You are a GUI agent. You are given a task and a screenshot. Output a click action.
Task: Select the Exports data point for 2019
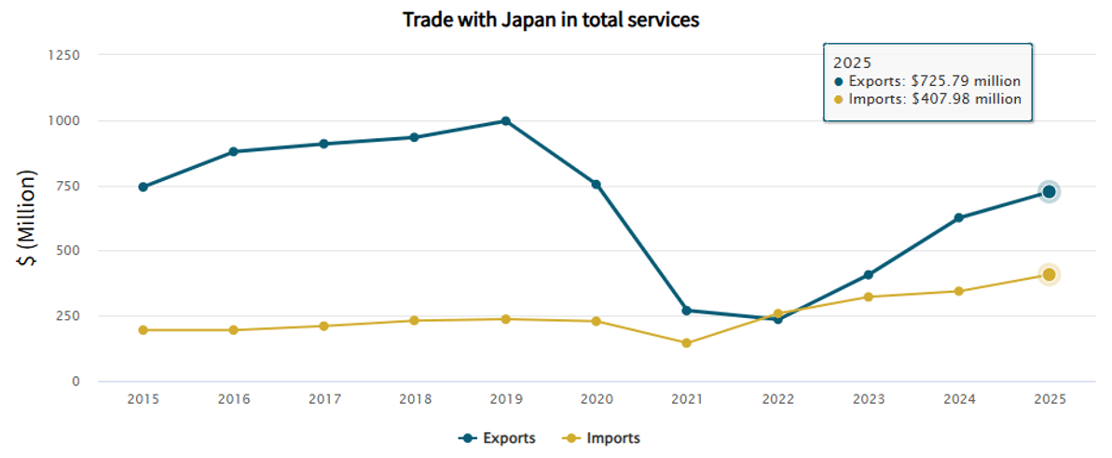tap(505, 121)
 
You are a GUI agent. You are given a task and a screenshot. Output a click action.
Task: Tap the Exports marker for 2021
tap(686, 311)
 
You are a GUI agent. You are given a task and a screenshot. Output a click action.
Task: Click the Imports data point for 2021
tap(686, 343)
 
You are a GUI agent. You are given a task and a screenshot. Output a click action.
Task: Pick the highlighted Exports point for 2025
tap(1049, 192)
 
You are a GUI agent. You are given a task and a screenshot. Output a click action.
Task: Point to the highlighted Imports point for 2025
tap(1049, 275)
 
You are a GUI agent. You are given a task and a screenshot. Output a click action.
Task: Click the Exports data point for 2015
tap(143, 187)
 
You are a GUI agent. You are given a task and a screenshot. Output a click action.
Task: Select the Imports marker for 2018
tap(415, 321)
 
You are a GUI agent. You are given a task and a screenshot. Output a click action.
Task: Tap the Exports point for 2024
tap(958, 218)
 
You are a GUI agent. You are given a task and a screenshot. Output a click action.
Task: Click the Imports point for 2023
tap(868, 298)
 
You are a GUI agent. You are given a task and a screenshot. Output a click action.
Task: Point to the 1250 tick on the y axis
tap(63, 55)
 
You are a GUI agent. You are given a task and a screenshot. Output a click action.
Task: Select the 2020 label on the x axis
tap(596, 399)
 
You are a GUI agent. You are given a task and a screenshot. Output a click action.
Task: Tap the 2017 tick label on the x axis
tap(323, 399)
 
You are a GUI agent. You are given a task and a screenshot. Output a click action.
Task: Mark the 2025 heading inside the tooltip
tap(851, 62)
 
